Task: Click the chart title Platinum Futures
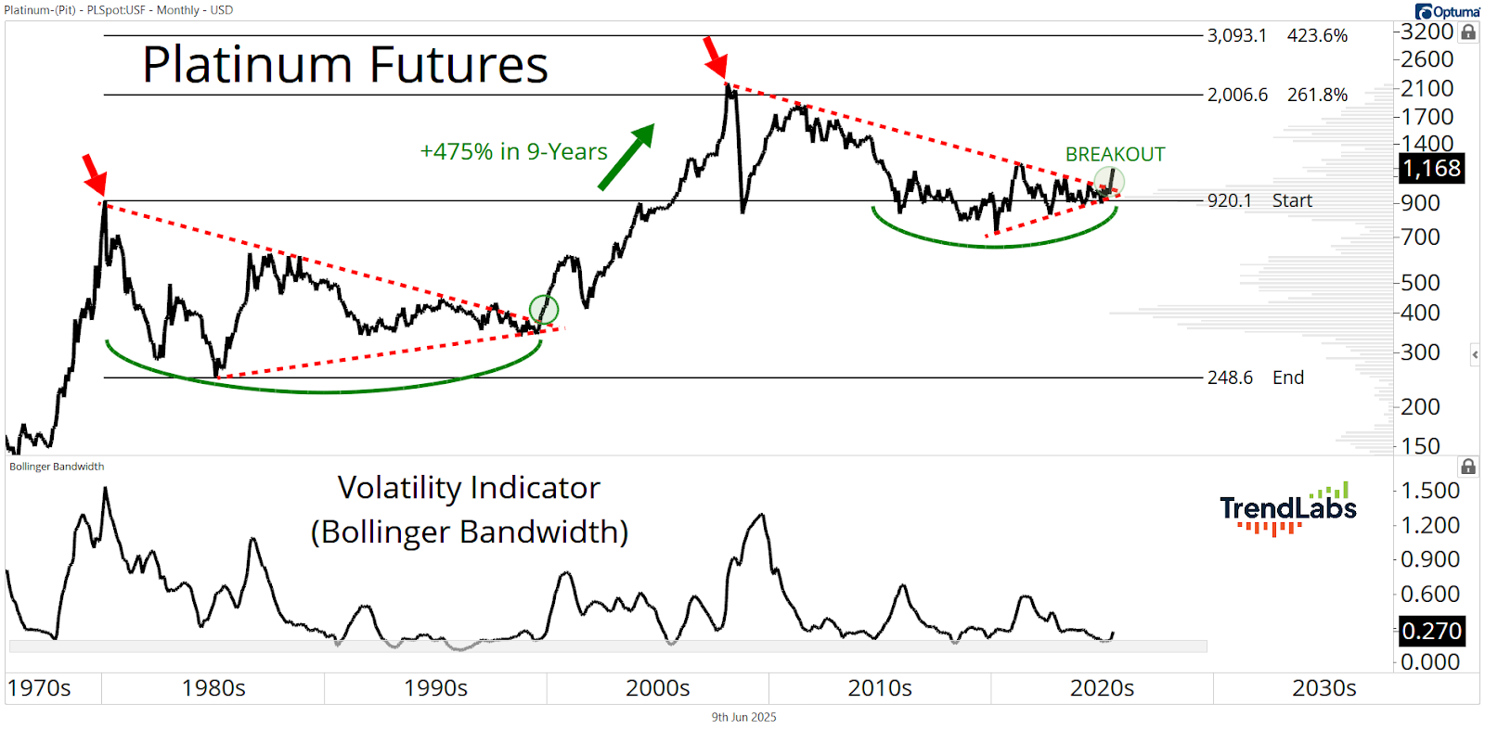click(344, 64)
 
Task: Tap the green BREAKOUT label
click(1115, 154)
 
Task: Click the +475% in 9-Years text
click(514, 152)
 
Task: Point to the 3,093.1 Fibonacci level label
click(1237, 36)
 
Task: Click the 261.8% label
click(1317, 96)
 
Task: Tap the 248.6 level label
click(1231, 378)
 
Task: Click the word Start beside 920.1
click(1292, 200)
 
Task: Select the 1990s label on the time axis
click(435, 688)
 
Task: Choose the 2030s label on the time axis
click(1324, 688)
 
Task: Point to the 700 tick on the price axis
click(1420, 237)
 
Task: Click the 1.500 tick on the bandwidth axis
click(1430, 491)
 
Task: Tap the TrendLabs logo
click(1287, 508)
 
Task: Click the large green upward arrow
click(626, 157)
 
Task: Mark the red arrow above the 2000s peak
click(716, 58)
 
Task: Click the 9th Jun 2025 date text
click(743, 717)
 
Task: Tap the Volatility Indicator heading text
click(469, 488)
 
